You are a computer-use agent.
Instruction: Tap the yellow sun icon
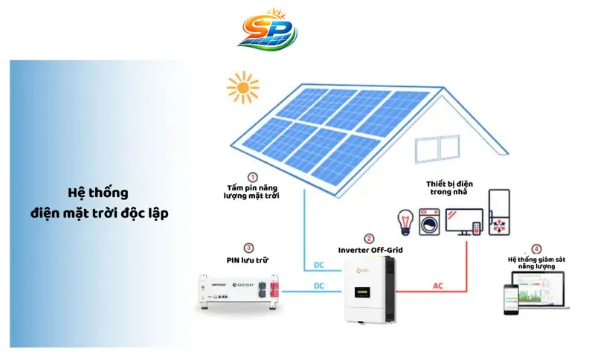tap(242, 87)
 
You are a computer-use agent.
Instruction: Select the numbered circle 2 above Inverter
tap(370, 239)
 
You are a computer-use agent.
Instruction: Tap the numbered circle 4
tap(536, 248)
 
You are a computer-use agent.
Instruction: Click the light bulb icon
tap(406, 222)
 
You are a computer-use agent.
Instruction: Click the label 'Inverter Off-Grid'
tap(370, 251)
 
